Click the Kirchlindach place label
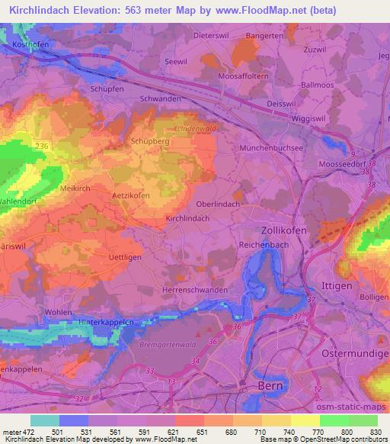[187, 218]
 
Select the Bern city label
[272, 387]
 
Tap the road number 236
[42, 146]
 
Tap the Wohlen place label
[58, 312]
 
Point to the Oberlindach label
[219, 204]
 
